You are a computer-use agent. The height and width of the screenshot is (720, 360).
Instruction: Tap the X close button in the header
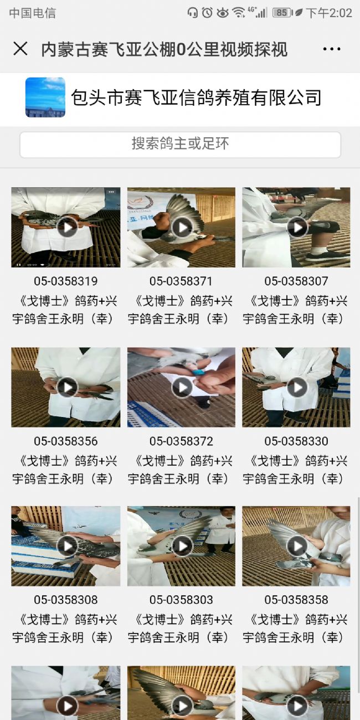click(x=20, y=49)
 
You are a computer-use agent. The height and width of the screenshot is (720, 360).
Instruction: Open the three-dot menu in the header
click(x=331, y=49)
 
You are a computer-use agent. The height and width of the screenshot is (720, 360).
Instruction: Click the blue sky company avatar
click(x=45, y=97)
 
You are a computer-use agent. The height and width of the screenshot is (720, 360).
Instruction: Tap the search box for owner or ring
click(x=180, y=145)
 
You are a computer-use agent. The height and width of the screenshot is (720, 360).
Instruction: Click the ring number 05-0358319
click(x=65, y=281)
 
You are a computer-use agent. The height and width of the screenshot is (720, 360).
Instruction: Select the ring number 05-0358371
click(x=181, y=281)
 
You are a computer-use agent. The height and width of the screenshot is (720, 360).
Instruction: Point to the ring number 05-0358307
click(x=296, y=281)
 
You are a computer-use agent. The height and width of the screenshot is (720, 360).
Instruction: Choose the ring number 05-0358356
click(x=65, y=441)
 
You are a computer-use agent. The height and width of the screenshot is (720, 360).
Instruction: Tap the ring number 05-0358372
click(x=181, y=441)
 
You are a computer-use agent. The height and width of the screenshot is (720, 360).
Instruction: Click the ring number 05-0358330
click(x=296, y=441)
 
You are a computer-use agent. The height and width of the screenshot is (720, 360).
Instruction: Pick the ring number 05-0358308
click(x=65, y=600)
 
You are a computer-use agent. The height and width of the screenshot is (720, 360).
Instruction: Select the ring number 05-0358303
click(x=181, y=600)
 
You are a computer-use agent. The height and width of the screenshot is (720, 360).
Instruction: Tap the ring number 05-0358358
click(x=296, y=600)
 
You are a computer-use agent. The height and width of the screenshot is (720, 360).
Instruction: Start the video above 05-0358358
click(x=297, y=546)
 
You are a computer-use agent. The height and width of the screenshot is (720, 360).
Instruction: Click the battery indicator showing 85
click(x=282, y=13)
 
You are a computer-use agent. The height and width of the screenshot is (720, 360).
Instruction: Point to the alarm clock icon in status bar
click(x=207, y=13)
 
